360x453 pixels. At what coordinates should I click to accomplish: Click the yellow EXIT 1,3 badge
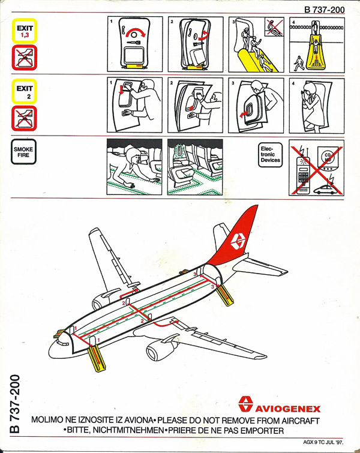(x=25, y=31)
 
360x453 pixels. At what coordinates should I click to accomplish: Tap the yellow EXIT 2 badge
(x=25, y=91)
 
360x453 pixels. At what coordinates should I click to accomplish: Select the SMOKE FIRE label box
(x=23, y=152)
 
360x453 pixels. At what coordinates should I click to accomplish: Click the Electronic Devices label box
(x=270, y=155)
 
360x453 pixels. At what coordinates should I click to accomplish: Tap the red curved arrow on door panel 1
(x=136, y=32)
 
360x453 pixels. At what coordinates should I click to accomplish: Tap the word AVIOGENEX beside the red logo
(x=288, y=409)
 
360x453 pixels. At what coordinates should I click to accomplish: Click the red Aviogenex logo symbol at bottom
(x=245, y=404)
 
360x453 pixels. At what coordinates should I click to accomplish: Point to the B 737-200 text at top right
(x=325, y=10)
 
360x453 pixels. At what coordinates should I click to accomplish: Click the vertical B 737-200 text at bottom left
(x=15, y=404)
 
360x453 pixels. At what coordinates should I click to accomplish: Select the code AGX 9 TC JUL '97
(x=323, y=442)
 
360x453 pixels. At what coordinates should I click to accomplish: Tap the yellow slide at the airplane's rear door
(x=226, y=296)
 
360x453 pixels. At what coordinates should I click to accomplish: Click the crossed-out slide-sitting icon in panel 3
(x=274, y=27)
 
